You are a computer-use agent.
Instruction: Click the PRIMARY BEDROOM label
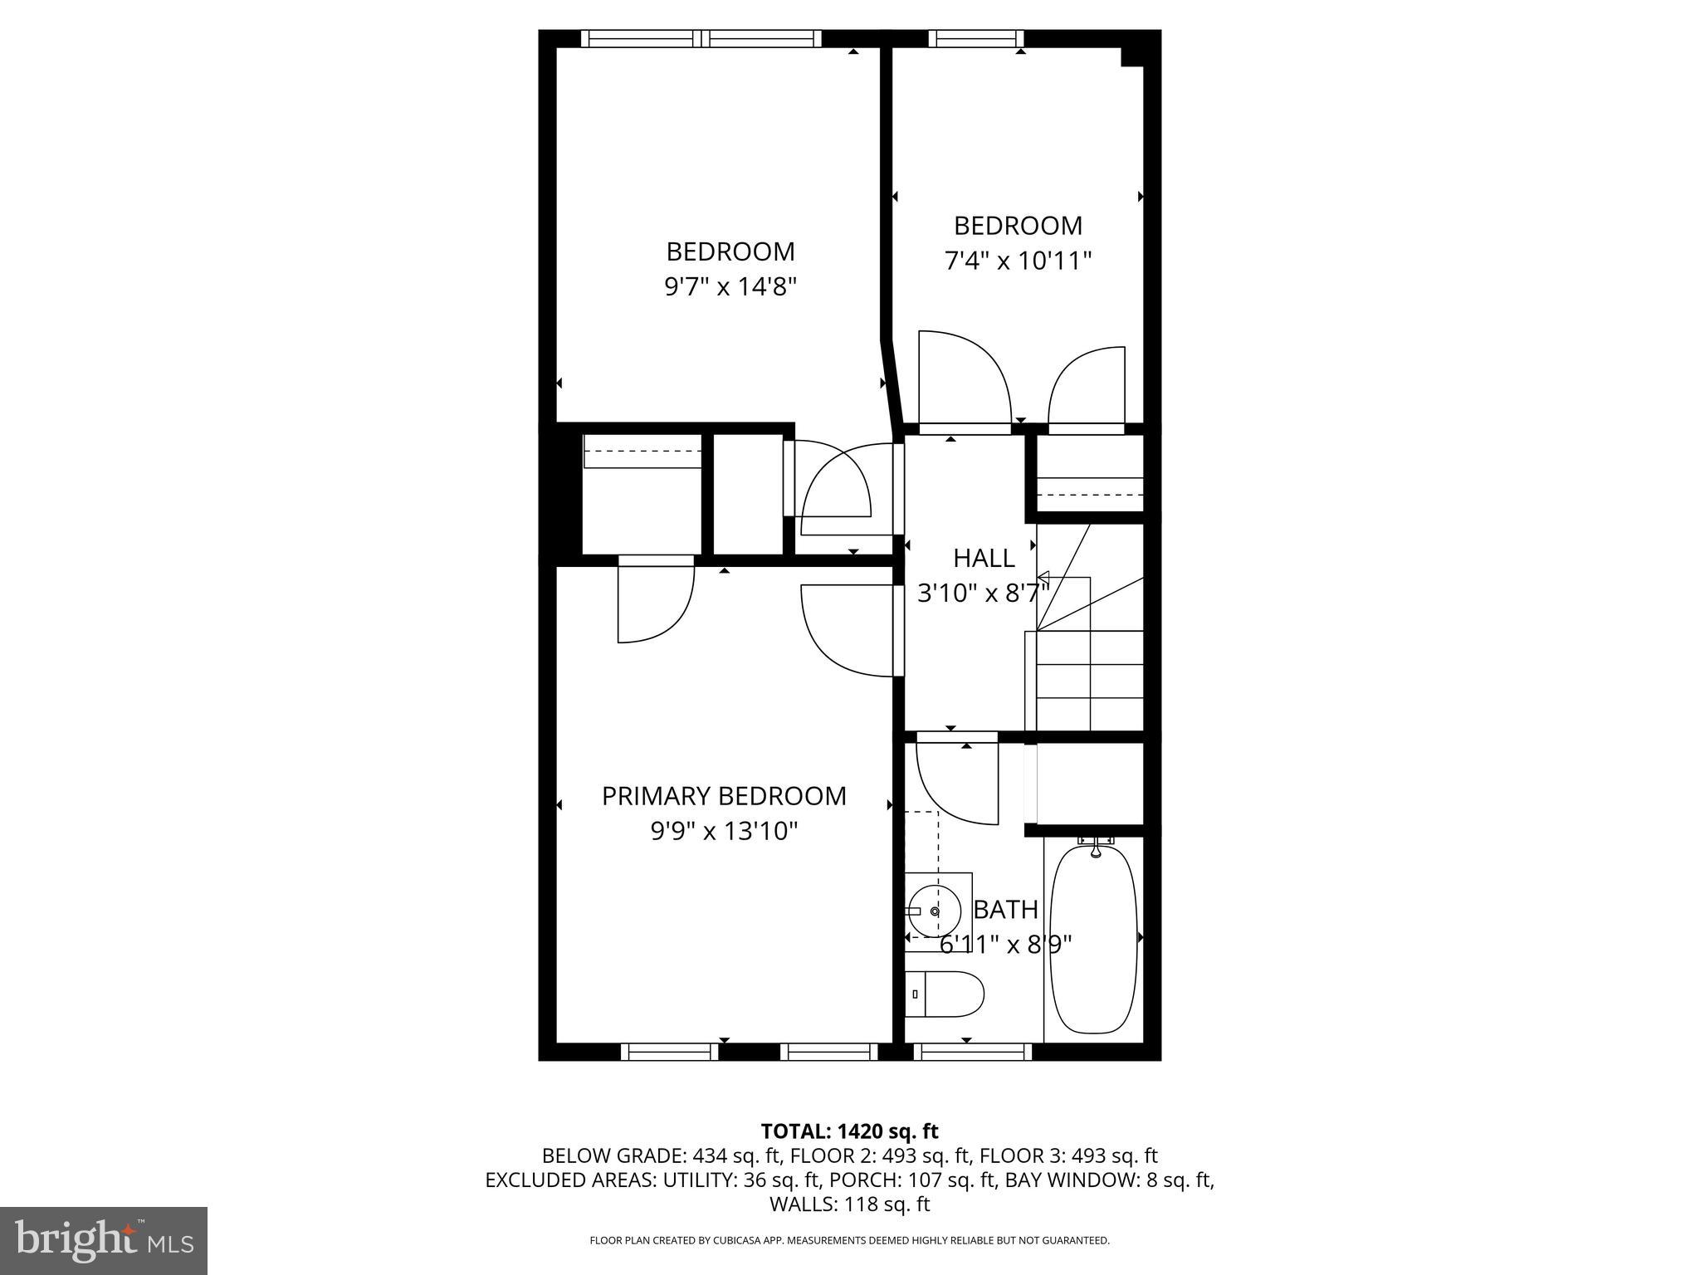click(x=724, y=796)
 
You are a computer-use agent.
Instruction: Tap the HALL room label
click(x=984, y=558)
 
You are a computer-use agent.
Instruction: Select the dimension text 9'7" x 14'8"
click(x=730, y=287)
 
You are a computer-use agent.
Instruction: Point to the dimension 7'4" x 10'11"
click(x=1018, y=261)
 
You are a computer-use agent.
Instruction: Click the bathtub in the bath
click(x=1093, y=938)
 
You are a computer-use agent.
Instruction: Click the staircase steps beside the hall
click(x=1089, y=681)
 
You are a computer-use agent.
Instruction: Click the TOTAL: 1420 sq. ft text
click(x=849, y=1131)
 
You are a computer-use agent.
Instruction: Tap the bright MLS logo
click(x=104, y=1240)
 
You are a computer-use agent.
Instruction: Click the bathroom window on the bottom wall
click(x=973, y=1052)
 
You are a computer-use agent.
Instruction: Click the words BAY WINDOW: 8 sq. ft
click(x=1109, y=1180)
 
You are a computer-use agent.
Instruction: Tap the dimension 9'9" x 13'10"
click(x=724, y=831)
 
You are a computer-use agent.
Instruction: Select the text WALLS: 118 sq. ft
click(x=849, y=1204)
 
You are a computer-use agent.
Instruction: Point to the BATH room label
click(x=1005, y=910)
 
